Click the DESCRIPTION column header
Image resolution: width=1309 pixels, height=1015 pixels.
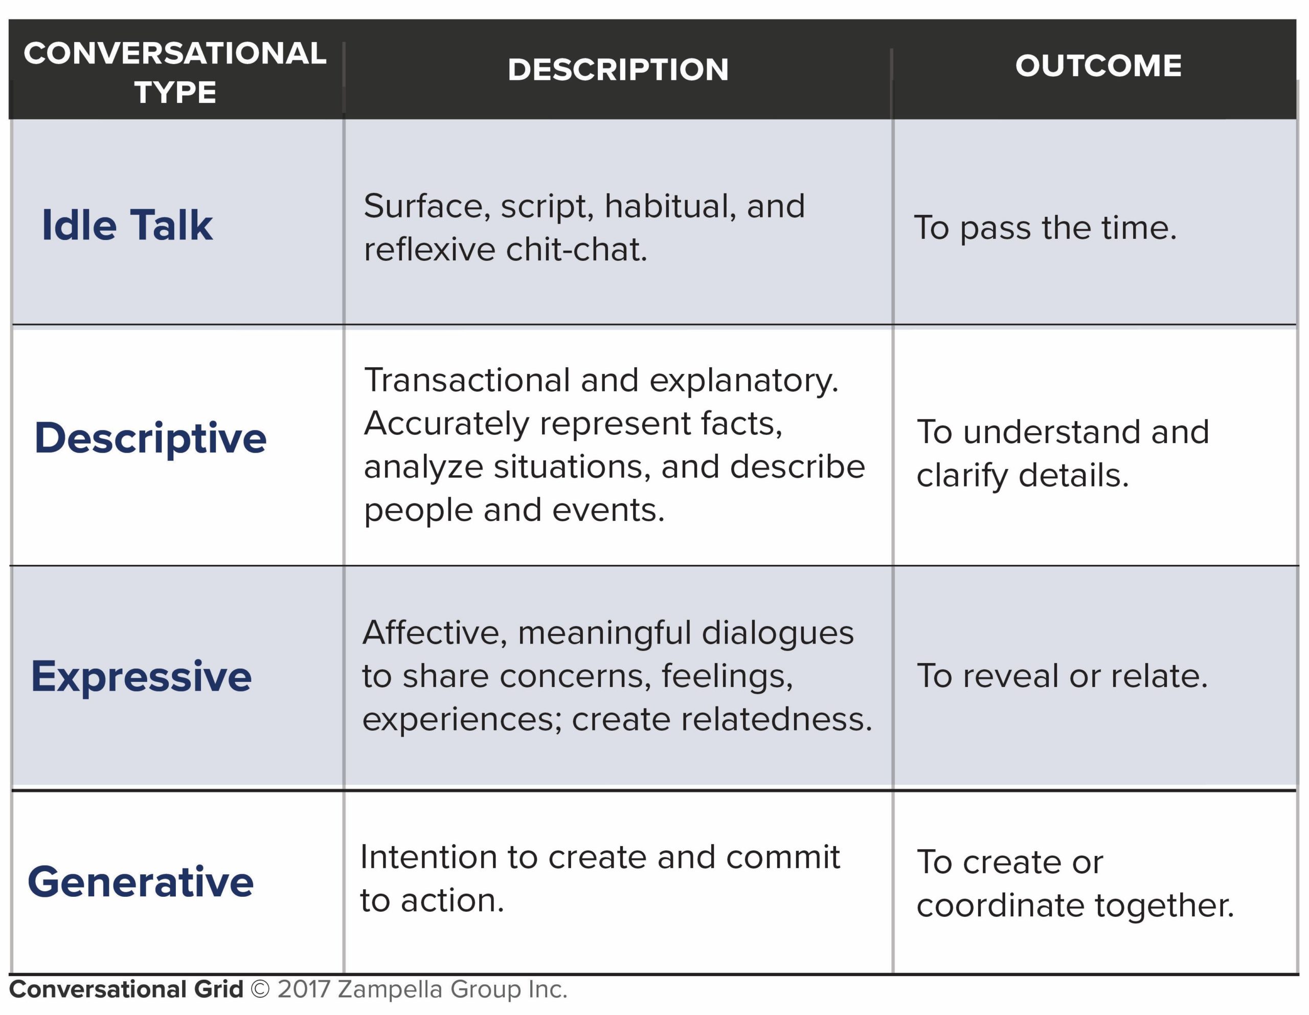[x=618, y=70]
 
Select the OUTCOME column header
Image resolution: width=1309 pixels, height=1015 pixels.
[x=1098, y=65]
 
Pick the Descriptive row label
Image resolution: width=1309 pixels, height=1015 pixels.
[x=150, y=439]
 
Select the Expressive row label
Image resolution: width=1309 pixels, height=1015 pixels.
[x=142, y=677]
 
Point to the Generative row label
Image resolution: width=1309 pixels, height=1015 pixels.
[x=141, y=882]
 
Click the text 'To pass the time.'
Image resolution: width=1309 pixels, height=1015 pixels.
[x=1045, y=228]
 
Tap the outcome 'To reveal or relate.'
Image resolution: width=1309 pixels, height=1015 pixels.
[x=1062, y=676]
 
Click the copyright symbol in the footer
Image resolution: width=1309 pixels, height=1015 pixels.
[x=260, y=989]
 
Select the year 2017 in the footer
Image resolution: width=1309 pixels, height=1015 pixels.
[x=304, y=989]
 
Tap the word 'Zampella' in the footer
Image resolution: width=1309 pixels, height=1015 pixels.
[x=390, y=990]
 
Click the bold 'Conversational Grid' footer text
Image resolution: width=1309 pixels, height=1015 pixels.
[x=126, y=989]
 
